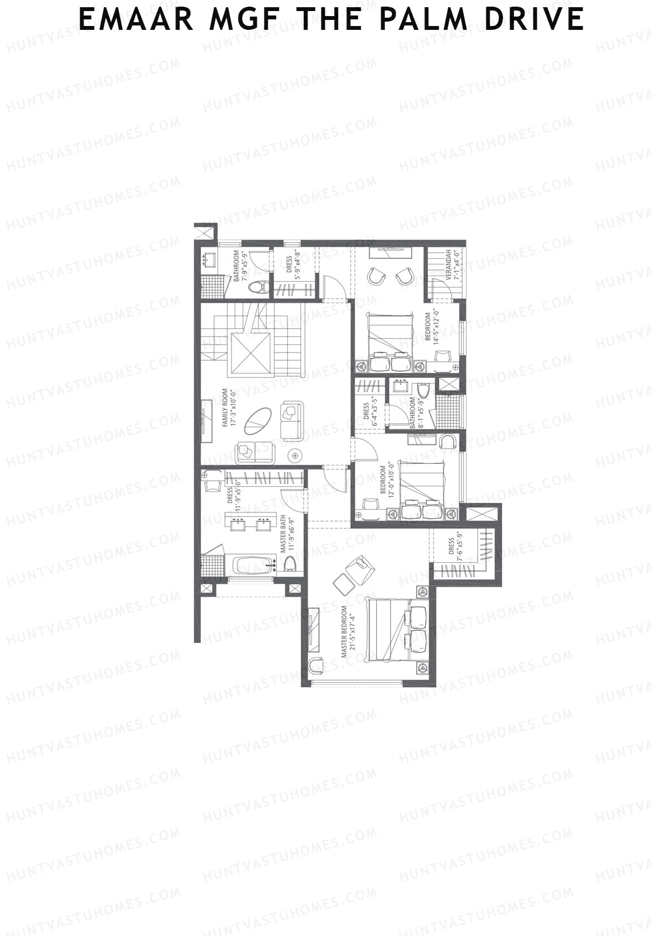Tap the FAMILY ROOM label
tap(225, 407)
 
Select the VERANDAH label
tap(449, 266)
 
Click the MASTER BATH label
tap(283, 533)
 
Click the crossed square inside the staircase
tap(251, 354)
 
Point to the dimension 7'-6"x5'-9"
tap(459, 547)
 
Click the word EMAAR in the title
tap(136, 19)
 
